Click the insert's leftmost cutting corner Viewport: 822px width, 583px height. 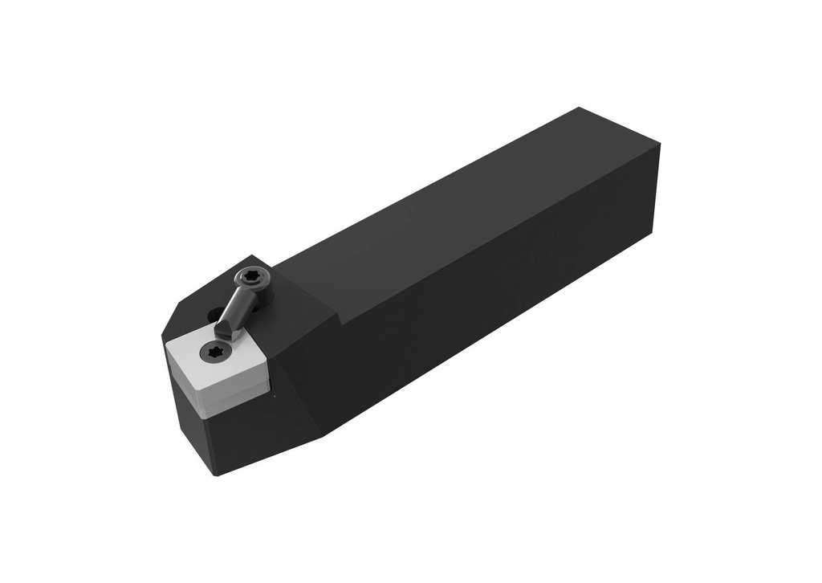click(x=165, y=344)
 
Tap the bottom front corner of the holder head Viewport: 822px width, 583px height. click(x=215, y=475)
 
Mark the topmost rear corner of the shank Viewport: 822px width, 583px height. click(x=580, y=108)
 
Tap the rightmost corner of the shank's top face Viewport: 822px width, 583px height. click(x=660, y=145)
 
